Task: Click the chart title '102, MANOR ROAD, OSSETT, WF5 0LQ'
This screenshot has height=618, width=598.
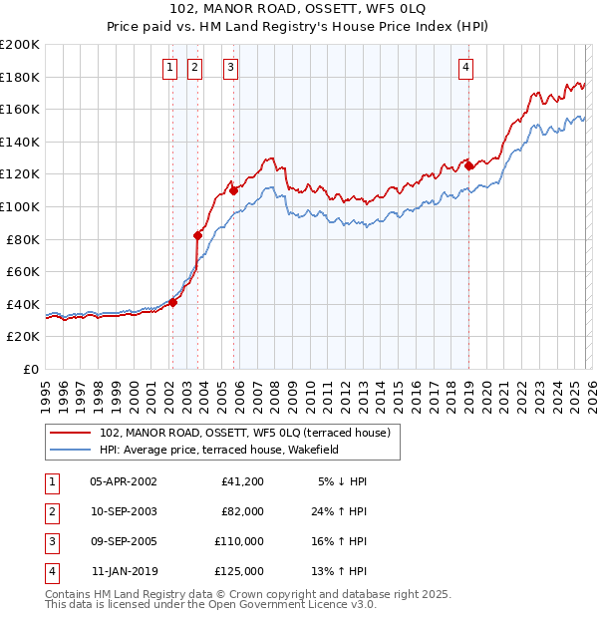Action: (x=298, y=11)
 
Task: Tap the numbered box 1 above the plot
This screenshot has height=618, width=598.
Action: (x=169, y=68)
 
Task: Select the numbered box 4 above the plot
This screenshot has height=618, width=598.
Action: (x=465, y=68)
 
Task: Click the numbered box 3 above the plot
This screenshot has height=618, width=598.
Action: (x=230, y=68)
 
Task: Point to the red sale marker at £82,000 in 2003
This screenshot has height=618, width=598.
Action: (x=197, y=235)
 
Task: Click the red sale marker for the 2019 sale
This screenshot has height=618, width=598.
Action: (x=468, y=166)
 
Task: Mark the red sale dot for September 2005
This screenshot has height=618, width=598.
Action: (x=233, y=189)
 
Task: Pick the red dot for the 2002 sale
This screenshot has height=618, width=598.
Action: (x=172, y=302)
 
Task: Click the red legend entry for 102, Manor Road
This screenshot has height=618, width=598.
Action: (x=250, y=433)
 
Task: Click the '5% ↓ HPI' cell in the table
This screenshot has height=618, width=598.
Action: (x=342, y=481)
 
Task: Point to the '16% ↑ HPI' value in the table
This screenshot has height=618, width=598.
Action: (x=340, y=541)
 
